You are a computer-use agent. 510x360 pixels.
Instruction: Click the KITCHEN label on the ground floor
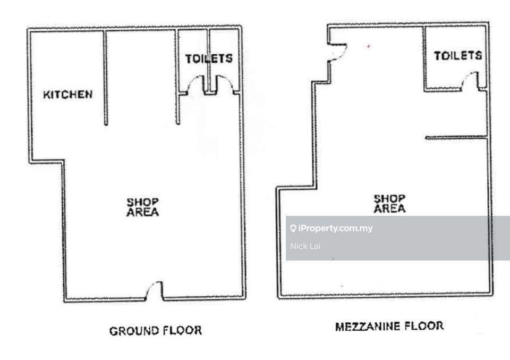(68, 95)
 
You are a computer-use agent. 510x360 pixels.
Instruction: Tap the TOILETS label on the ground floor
(209, 59)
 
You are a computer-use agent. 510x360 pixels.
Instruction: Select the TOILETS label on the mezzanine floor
(458, 56)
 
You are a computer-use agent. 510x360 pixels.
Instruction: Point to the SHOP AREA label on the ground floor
(143, 207)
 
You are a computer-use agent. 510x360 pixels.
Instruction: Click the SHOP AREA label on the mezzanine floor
(389, 204)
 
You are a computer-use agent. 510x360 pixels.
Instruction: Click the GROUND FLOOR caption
(156, 331)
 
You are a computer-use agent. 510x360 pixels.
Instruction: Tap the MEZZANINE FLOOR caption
(389, 326)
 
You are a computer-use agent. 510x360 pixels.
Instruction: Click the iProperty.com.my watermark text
(335, 228)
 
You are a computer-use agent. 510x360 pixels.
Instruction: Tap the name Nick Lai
(305, 246)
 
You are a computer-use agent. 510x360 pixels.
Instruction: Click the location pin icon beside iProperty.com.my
(293, 228)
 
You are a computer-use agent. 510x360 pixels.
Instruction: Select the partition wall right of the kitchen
(105, 78)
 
